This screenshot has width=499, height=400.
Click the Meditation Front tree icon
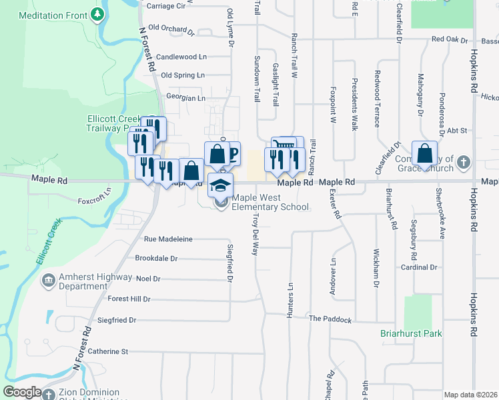pyautogui.click(x=99, y=13)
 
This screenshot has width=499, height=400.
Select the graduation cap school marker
pyautogui.click(x=221, y=185)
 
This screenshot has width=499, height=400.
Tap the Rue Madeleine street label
pyautogui.click(x=168, y=239)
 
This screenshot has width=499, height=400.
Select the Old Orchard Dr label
pyautogui.click(x=171, y=28)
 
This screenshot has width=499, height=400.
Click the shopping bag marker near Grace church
pyautogui.click(x=424, y=155)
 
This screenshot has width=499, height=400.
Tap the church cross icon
pyautogui.click(x=464, y=162)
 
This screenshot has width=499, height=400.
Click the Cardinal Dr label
pyautogui.click(x=419, y=267)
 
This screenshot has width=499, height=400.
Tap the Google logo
pyautogui.click(x=22, y=392)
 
